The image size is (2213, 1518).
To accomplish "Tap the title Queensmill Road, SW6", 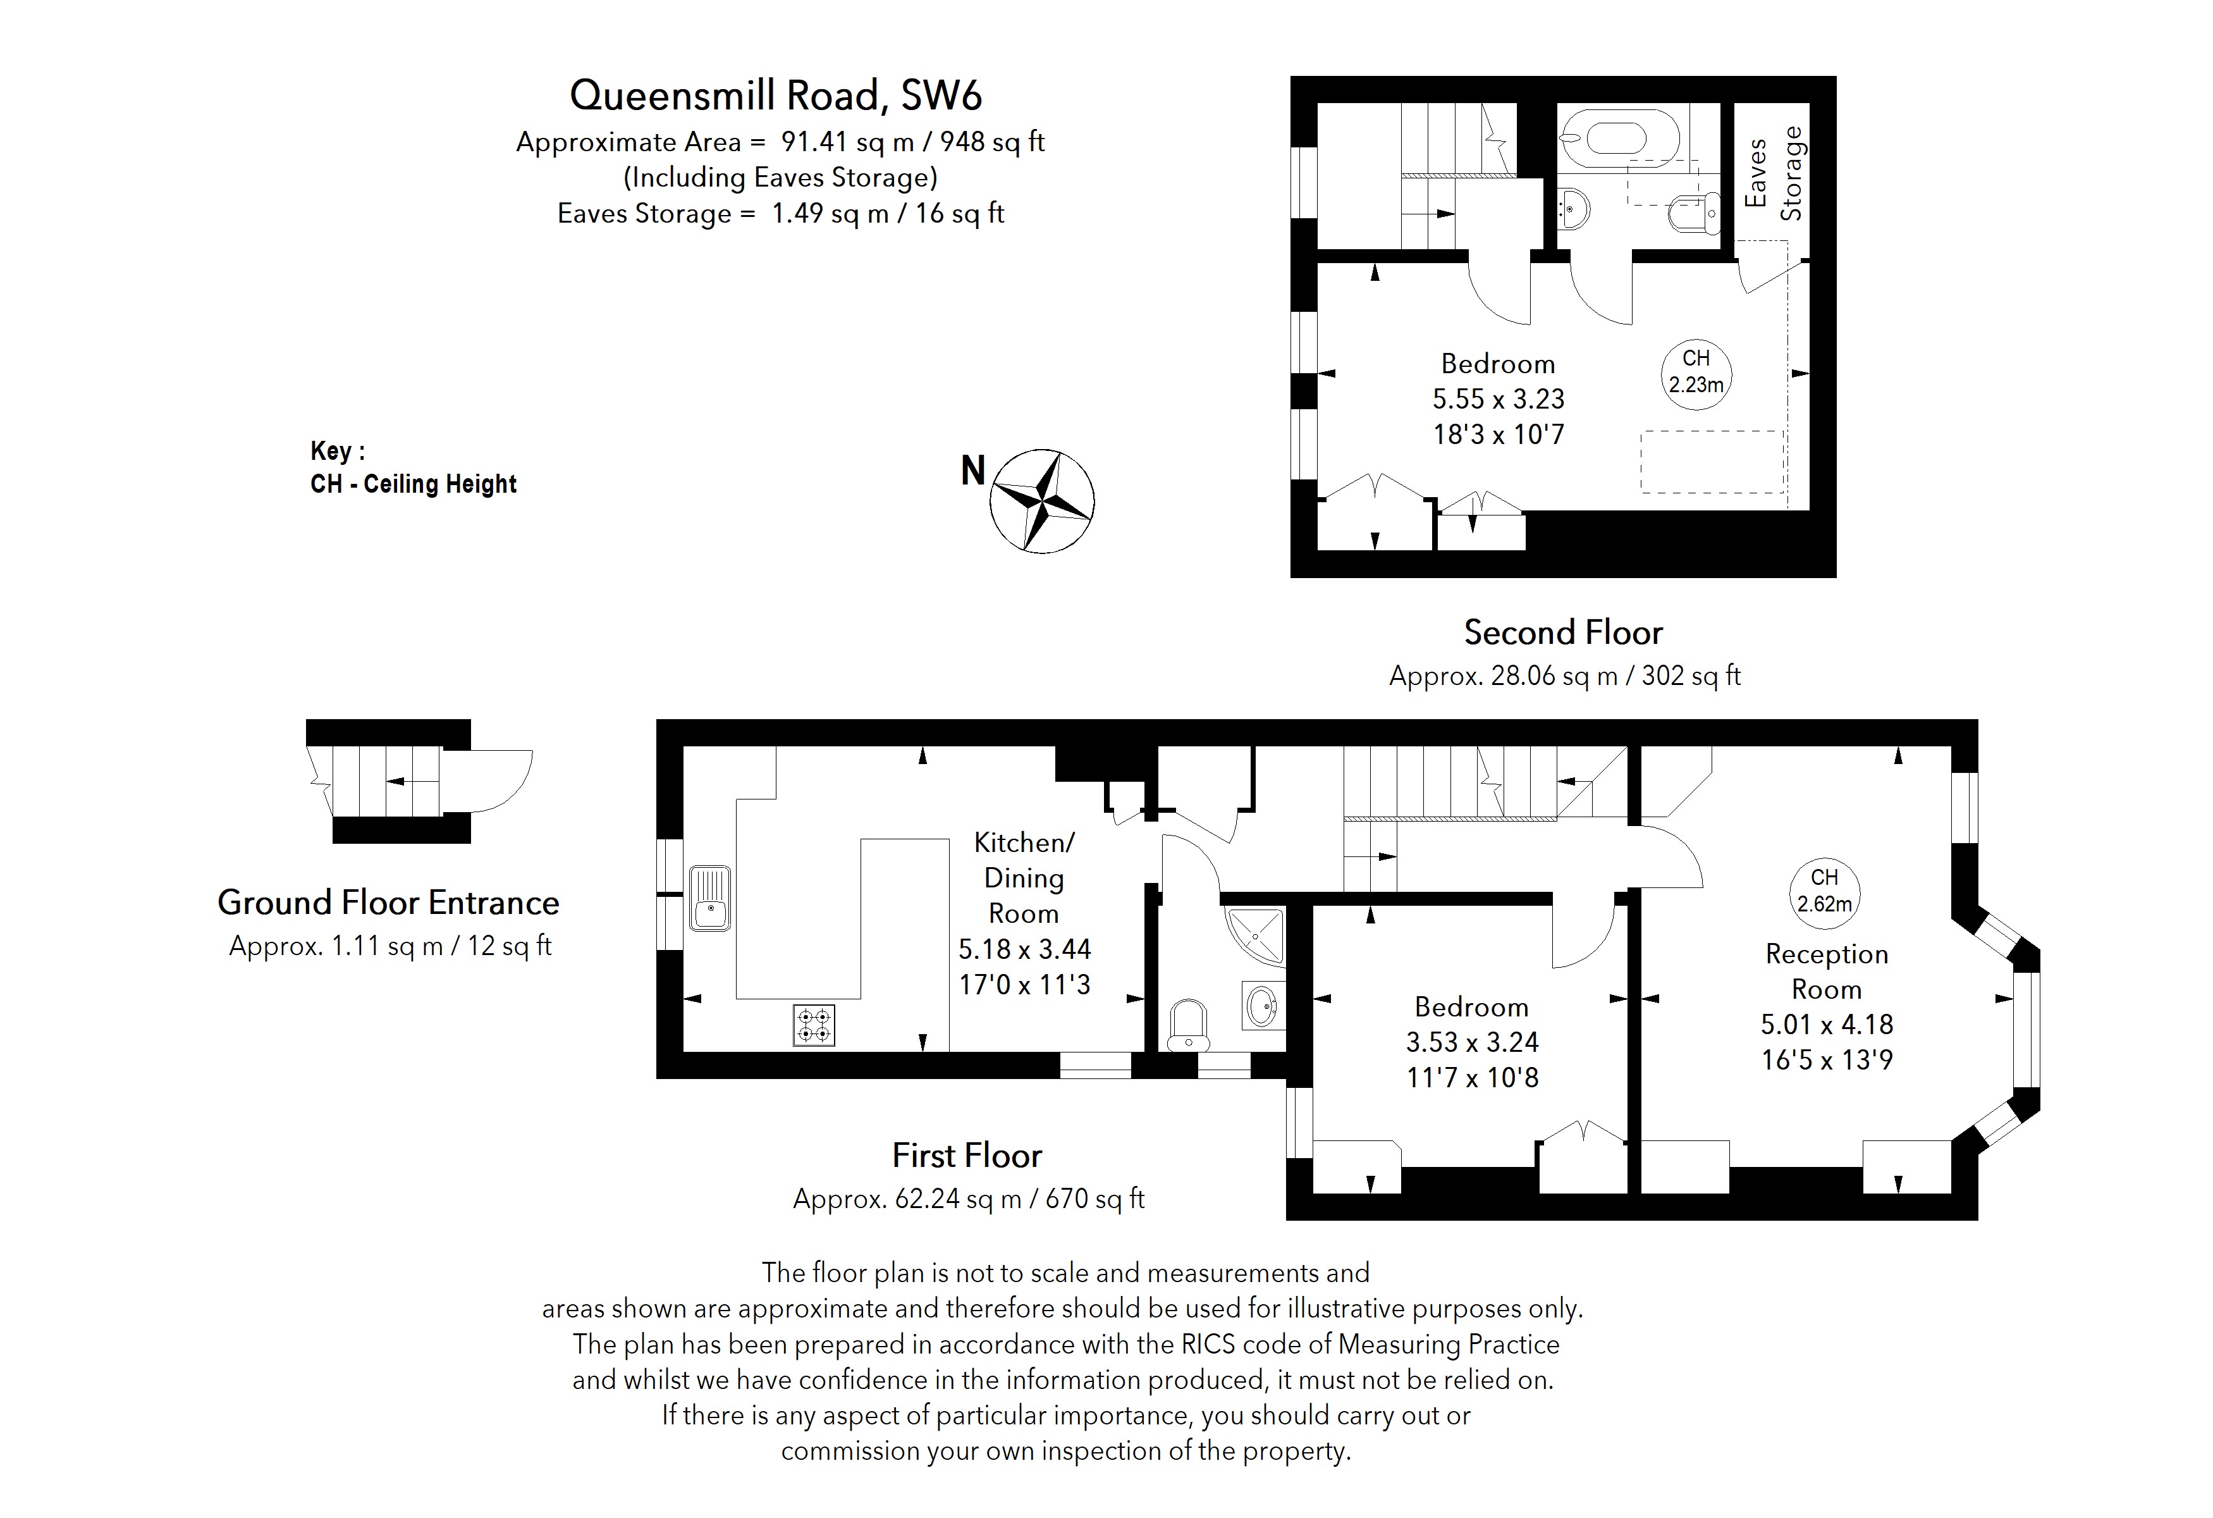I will pos(775,96).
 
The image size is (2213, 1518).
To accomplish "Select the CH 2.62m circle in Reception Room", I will pos(1824,891).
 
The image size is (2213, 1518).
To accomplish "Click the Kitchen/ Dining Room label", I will pos(1024,877).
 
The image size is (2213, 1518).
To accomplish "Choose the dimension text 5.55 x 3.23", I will pos(1498,399).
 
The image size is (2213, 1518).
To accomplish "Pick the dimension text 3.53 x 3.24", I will pos(1472,1042).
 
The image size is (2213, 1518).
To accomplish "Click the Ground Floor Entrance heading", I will pos(388,902).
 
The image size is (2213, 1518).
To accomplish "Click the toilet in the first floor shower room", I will pos(1187,1024).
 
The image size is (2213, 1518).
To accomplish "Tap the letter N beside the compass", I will pos(972,471).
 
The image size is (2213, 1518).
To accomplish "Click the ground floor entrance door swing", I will pos(495,781).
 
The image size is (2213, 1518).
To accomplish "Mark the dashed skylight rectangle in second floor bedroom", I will pos(1711,462).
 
